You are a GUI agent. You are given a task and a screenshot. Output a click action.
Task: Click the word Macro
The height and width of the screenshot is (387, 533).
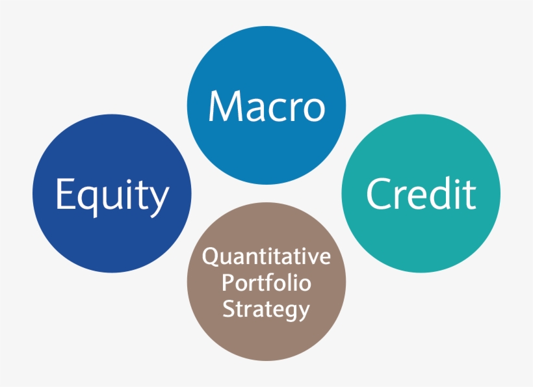266,107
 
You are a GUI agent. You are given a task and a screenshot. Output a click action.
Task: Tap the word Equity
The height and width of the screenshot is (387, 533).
112,195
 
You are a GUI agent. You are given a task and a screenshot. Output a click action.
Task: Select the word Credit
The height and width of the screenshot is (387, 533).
421,193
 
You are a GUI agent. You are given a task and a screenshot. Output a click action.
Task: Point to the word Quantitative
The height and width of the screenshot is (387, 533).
266,258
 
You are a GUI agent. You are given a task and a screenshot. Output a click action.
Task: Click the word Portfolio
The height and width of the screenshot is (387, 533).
266,284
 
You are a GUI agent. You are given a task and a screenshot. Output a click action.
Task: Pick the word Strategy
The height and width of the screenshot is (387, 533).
266,309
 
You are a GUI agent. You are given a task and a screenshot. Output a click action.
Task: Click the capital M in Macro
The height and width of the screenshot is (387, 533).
222,107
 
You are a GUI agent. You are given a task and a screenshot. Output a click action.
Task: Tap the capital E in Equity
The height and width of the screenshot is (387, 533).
63,194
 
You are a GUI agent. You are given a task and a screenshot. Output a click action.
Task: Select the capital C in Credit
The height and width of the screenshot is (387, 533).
378,193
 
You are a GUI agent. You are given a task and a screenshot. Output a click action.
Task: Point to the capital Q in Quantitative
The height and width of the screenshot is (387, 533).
210,258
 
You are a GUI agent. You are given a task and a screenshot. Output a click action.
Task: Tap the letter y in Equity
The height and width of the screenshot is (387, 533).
159,200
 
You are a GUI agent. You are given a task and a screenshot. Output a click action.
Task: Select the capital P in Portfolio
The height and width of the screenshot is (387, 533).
227,284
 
